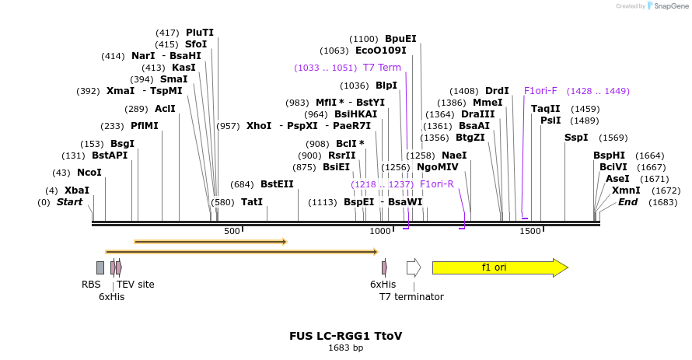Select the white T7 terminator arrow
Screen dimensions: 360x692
click(x=413, y=267)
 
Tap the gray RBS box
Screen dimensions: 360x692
click(x=100, y=267)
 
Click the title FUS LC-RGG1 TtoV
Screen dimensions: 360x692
click(x=345, y=337)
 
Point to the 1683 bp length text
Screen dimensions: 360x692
click(x=345, y=348)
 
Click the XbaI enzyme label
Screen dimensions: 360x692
click(x=77, y=190)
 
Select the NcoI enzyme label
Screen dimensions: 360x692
click(x=89, y=173)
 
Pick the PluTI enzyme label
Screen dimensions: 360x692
click(x=200, y=33)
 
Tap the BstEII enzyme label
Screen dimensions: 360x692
click(x=277, y=184)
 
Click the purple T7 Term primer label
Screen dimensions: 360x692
click(x=382, y=68)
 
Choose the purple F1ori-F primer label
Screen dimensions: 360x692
click(x=540, y=91)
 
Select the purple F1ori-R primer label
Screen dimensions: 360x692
click(x=436, y=184)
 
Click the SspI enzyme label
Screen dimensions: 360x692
click(x=576, y=138)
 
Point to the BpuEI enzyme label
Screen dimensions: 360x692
click(x=400, y=39)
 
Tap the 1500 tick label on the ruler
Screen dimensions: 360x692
click(x=530, y=231)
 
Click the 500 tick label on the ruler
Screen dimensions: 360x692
click(x=232, y=231)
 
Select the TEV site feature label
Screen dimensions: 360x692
click(x=135, y=285)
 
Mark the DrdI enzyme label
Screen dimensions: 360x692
click(x=497, y=91)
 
